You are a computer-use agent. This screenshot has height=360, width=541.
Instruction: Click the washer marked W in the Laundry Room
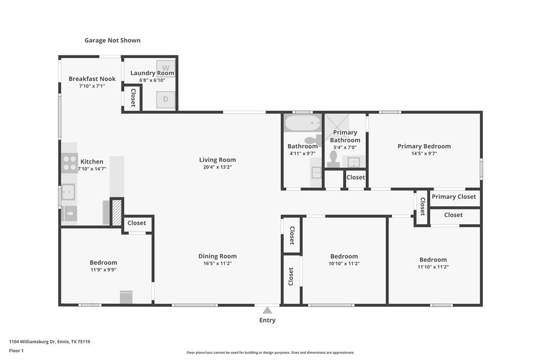(165, 68)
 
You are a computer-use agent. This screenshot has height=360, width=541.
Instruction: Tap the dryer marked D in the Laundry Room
(165, 100)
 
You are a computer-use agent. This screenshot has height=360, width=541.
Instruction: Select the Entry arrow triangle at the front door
(267, 310)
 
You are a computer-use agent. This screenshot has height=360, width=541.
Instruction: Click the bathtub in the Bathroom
(303, 123)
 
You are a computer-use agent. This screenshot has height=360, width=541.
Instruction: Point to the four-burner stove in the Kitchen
(69, 163)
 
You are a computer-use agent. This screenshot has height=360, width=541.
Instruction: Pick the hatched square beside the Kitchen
(117, 212)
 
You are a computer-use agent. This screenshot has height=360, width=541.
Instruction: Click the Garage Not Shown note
(113, 40)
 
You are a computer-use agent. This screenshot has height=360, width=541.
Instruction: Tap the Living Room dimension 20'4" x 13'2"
(217, 167)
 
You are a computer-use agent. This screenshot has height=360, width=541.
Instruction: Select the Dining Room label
(217, 256)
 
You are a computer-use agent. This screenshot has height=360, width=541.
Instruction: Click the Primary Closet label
(454, 196)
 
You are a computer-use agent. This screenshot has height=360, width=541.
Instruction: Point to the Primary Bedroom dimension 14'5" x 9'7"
(424, 154)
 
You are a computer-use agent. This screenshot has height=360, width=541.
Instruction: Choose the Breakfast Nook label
(92, 79)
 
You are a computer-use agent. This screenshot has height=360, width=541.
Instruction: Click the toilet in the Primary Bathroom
(333, 159)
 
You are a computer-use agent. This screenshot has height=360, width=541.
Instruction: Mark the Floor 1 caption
(16, 350)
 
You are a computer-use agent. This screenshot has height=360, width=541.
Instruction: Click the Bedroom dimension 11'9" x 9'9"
(103, 270)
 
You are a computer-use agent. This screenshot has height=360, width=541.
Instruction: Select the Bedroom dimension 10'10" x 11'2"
(344, 263)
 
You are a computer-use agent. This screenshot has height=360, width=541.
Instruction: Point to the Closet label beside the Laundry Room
(133, 98)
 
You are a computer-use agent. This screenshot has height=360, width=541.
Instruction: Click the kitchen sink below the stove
(68, 192)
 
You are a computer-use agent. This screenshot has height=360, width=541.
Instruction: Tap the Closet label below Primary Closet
(453, 215)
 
